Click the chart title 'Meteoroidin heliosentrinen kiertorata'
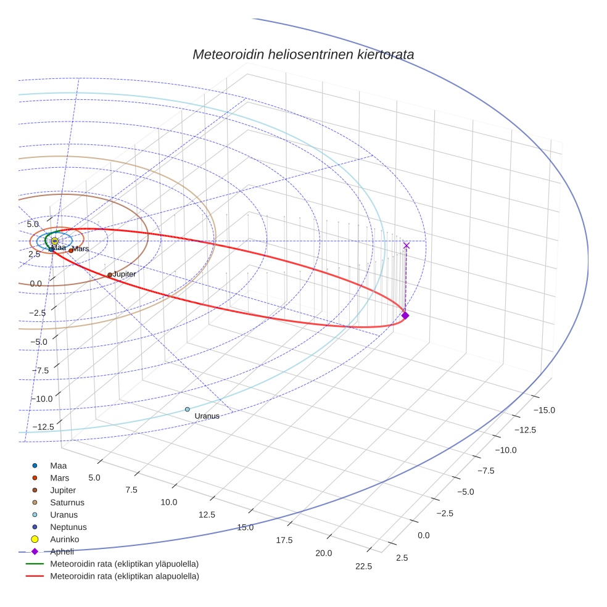(303, 54)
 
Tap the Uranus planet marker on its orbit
(188, 410)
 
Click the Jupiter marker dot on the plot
(110, 275)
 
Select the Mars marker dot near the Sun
(71, 250)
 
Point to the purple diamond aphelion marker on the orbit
(405, 315)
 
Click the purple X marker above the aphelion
(406, 246)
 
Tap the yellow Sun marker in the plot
(55, 241)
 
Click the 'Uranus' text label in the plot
(207, 416)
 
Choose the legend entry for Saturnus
(67, 503)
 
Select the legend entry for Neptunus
(68, 527)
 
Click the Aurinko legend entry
(64, 540)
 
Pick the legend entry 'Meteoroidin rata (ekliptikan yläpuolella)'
(124, 564)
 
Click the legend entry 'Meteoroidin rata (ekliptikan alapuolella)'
(124, 577)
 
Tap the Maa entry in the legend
(58, 466)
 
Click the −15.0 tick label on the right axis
(543, 410)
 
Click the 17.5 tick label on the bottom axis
(284, 540)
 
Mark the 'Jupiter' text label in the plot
(125, 273)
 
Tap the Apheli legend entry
(62, 552)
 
